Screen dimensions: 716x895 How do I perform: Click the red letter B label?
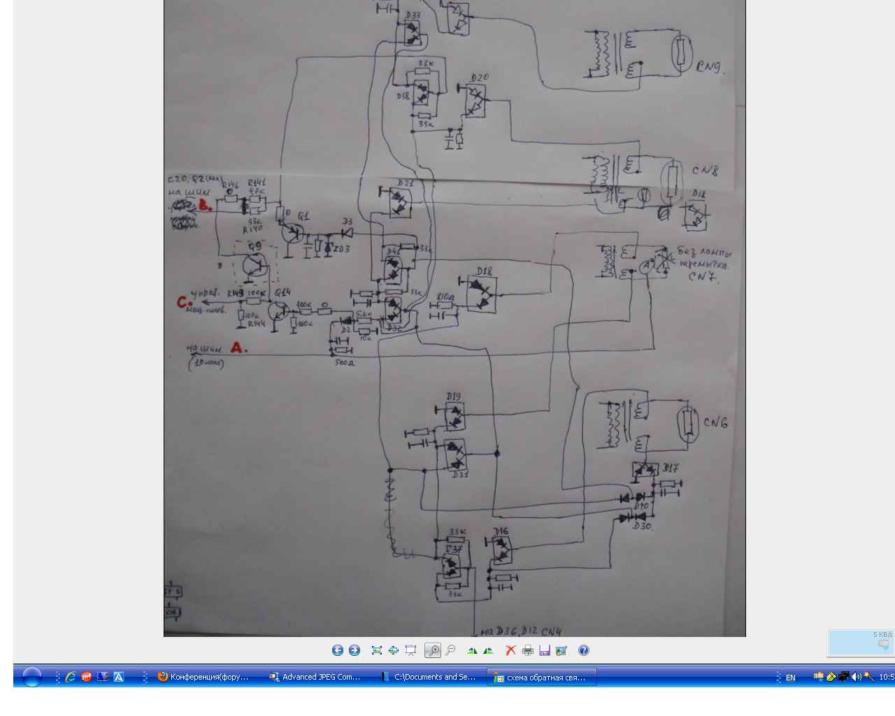click(x=206, y=206)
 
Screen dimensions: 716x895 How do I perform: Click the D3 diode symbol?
click(x=346, y=232)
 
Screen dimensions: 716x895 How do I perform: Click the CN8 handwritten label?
click(x=705, y=171)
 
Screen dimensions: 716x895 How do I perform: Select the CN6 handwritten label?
click(x=715, y=422)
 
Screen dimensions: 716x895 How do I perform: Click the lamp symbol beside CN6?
click(x=689, y=424)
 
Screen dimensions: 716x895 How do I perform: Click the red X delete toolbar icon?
click(x=510, y=650)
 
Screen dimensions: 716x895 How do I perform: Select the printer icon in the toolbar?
click(x=528, y=650)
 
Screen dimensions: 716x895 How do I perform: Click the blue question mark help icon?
click(x=584, y=650)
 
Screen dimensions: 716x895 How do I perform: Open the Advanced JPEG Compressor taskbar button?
click(x=316, y=677)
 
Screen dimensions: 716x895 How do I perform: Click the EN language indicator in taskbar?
click(x=791, y=678)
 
